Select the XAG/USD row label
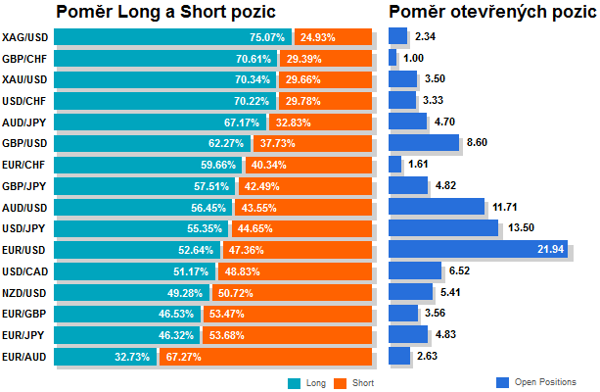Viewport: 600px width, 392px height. coord(25,37)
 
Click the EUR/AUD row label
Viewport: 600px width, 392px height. coord(25,356)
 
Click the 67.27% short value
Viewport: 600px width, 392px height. coord(183,356)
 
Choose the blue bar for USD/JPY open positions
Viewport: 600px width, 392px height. coord(442,228)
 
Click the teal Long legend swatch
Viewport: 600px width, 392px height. coord(295,382)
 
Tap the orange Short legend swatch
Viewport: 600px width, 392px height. coord(341,382)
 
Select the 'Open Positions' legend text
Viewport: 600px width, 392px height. coord(545,382)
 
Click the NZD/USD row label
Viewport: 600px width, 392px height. coord(25,292)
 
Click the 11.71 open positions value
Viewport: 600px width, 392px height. coord(506,207)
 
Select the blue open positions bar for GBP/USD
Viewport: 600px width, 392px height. coord(423,143)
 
